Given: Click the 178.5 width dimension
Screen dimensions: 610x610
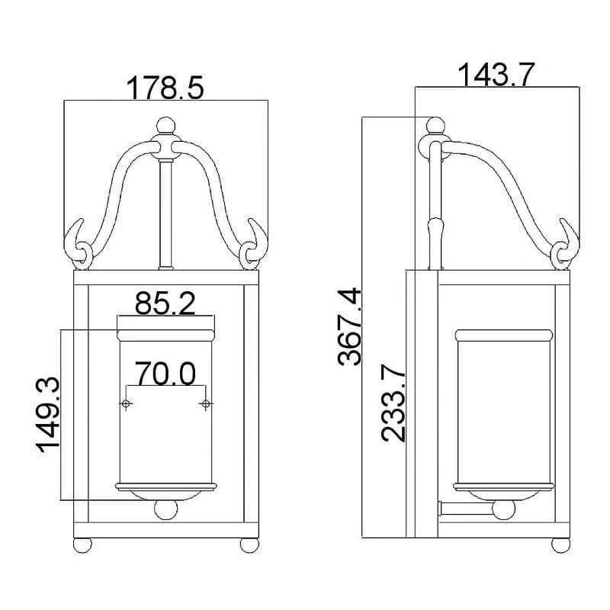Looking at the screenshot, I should pyautogui.click(x=165, y=88).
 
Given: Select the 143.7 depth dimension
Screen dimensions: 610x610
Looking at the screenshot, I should pyautogui.click(x=496, y=75).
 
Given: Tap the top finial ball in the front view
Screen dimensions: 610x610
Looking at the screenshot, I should pyautogui.click(x=165, y=126).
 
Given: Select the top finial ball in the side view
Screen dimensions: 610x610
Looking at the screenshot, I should pyautogui.click(x=435, y=127).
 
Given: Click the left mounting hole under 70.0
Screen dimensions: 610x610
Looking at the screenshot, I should pyautogui.click(x=126, y=403).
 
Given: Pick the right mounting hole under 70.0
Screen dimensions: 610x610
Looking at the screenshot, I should pyautogui.click(x=205, y=403).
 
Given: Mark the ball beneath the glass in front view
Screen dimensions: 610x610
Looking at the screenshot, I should pyautogui.click(x=165, y=509).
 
